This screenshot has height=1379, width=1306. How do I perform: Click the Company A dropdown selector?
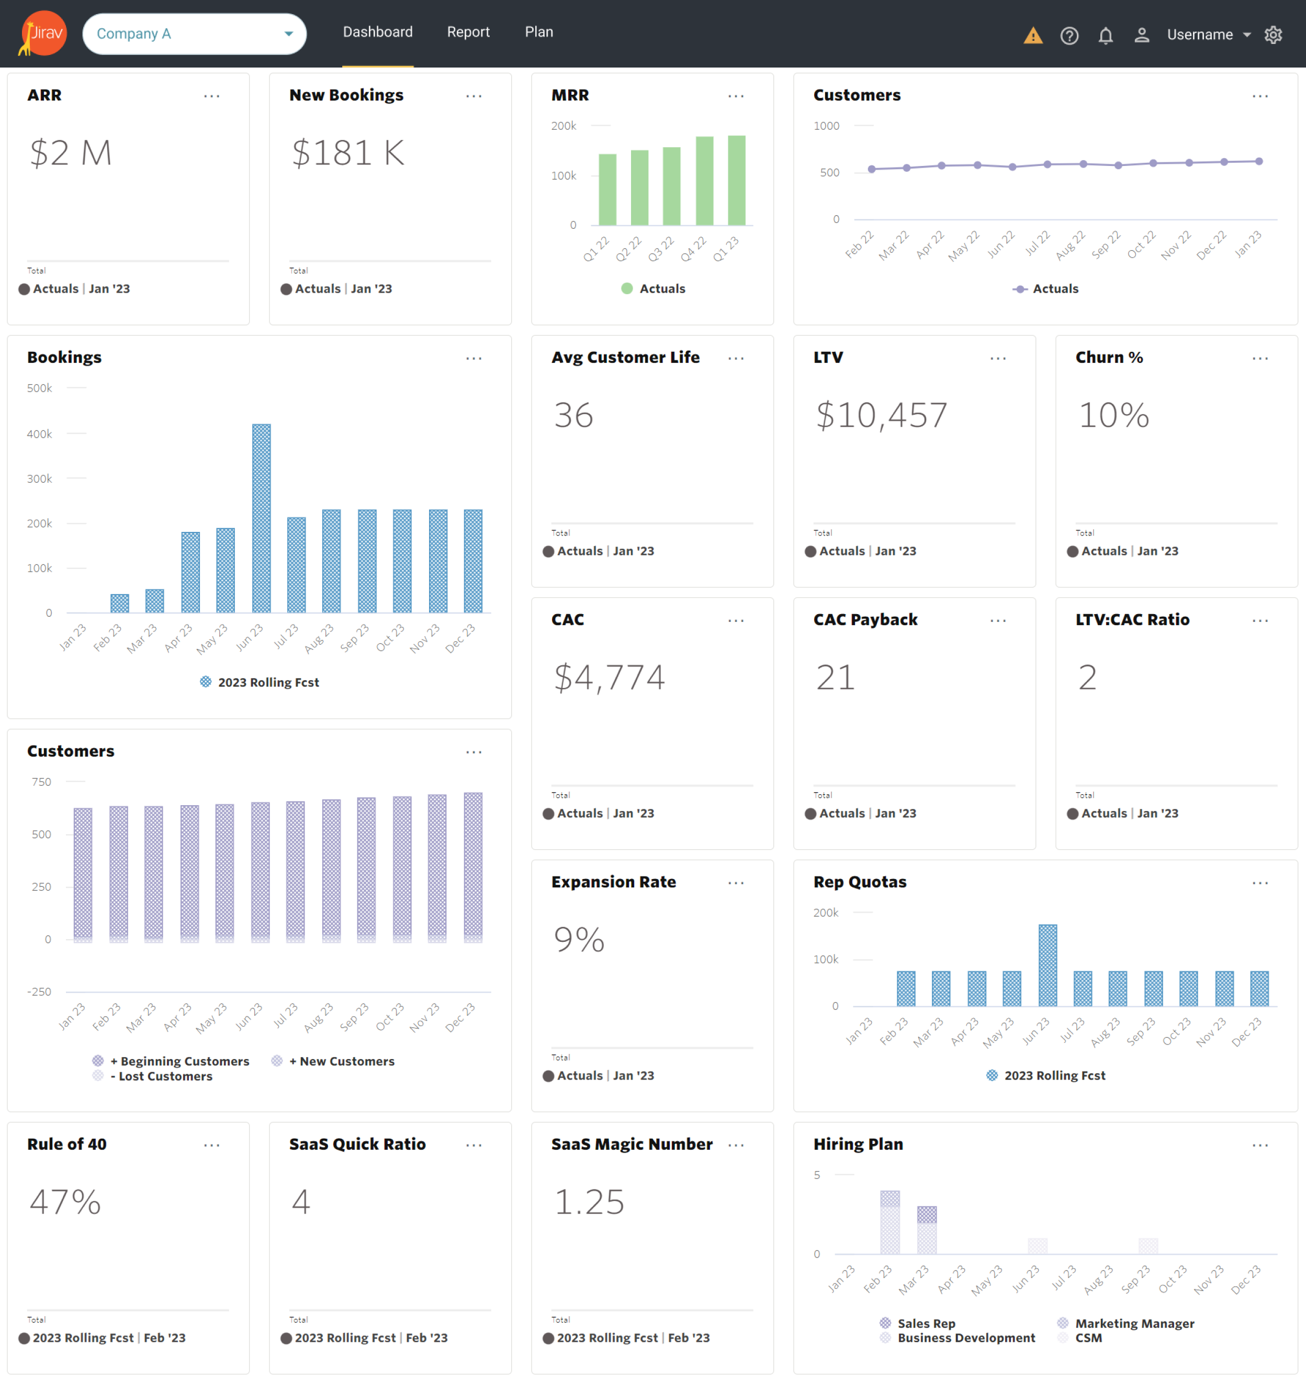point(194,34)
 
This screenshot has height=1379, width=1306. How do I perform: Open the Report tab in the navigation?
point(468,32)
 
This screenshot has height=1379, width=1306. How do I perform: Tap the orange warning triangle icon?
point(1033,35)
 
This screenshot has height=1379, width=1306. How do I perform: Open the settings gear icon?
point(1273,35)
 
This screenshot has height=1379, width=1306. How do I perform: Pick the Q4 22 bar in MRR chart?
point(704,181)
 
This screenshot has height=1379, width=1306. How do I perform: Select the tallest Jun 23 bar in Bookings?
point(261,518)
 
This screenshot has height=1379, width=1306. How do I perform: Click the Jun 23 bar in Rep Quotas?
point(1048,965)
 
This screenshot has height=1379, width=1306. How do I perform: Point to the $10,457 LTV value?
point(881,415)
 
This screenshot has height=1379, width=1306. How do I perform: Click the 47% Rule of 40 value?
point(65,1202)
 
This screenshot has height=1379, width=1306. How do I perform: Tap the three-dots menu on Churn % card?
point(1260,358)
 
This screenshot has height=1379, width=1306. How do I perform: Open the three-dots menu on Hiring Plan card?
point(1260,1145)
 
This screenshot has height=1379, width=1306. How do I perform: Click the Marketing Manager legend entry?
point(1134,1324)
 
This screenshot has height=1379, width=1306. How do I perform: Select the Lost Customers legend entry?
point(165,1076)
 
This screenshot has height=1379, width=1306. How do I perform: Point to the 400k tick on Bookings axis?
point(40,434)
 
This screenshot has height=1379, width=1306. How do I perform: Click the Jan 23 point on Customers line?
point(1259,162)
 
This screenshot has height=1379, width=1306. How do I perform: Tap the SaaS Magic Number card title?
point(632,1144)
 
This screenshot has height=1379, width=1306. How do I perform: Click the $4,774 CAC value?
point(609,677)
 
